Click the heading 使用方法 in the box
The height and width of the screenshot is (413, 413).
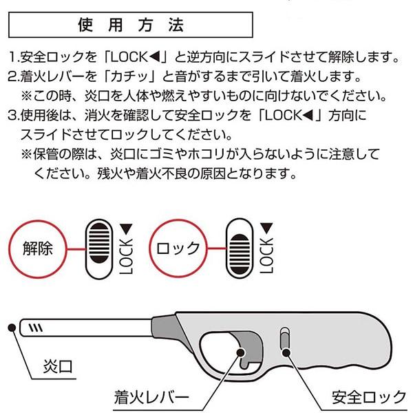(131, 25)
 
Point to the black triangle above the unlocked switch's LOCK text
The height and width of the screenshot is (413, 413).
(126, 229)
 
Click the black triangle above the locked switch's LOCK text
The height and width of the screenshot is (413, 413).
(266, 228)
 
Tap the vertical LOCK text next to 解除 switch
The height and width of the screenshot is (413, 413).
(126, 257)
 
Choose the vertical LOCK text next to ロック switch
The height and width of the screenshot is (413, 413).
(266, 255)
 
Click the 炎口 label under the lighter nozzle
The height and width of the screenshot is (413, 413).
(58, 366)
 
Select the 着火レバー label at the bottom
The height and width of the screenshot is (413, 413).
(151, 397)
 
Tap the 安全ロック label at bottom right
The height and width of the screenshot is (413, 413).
(369, 397)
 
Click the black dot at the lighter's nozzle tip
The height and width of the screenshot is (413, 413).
(12, 328)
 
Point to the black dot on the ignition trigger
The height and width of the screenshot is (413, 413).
(241, 352)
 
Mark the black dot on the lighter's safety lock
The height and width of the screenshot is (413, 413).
(286, 352)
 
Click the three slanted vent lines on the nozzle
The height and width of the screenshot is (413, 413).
(36, 328)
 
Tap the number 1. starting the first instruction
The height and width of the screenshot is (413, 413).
(14, 57)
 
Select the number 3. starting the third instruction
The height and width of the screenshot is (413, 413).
(14, 116)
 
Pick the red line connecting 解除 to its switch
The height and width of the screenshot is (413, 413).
(76, 249)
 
